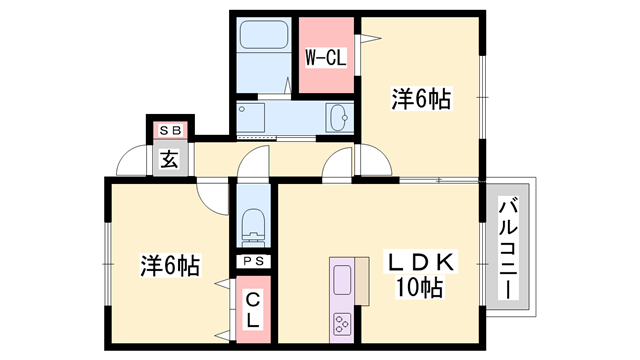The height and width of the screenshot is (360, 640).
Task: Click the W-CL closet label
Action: (325, 58)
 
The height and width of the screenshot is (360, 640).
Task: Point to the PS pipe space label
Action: (253, 262)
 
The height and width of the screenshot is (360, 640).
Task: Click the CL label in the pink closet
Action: (253, 309)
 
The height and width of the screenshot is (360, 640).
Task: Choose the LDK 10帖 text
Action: (420, 276)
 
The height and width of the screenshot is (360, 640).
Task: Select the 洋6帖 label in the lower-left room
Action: (169, 265)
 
